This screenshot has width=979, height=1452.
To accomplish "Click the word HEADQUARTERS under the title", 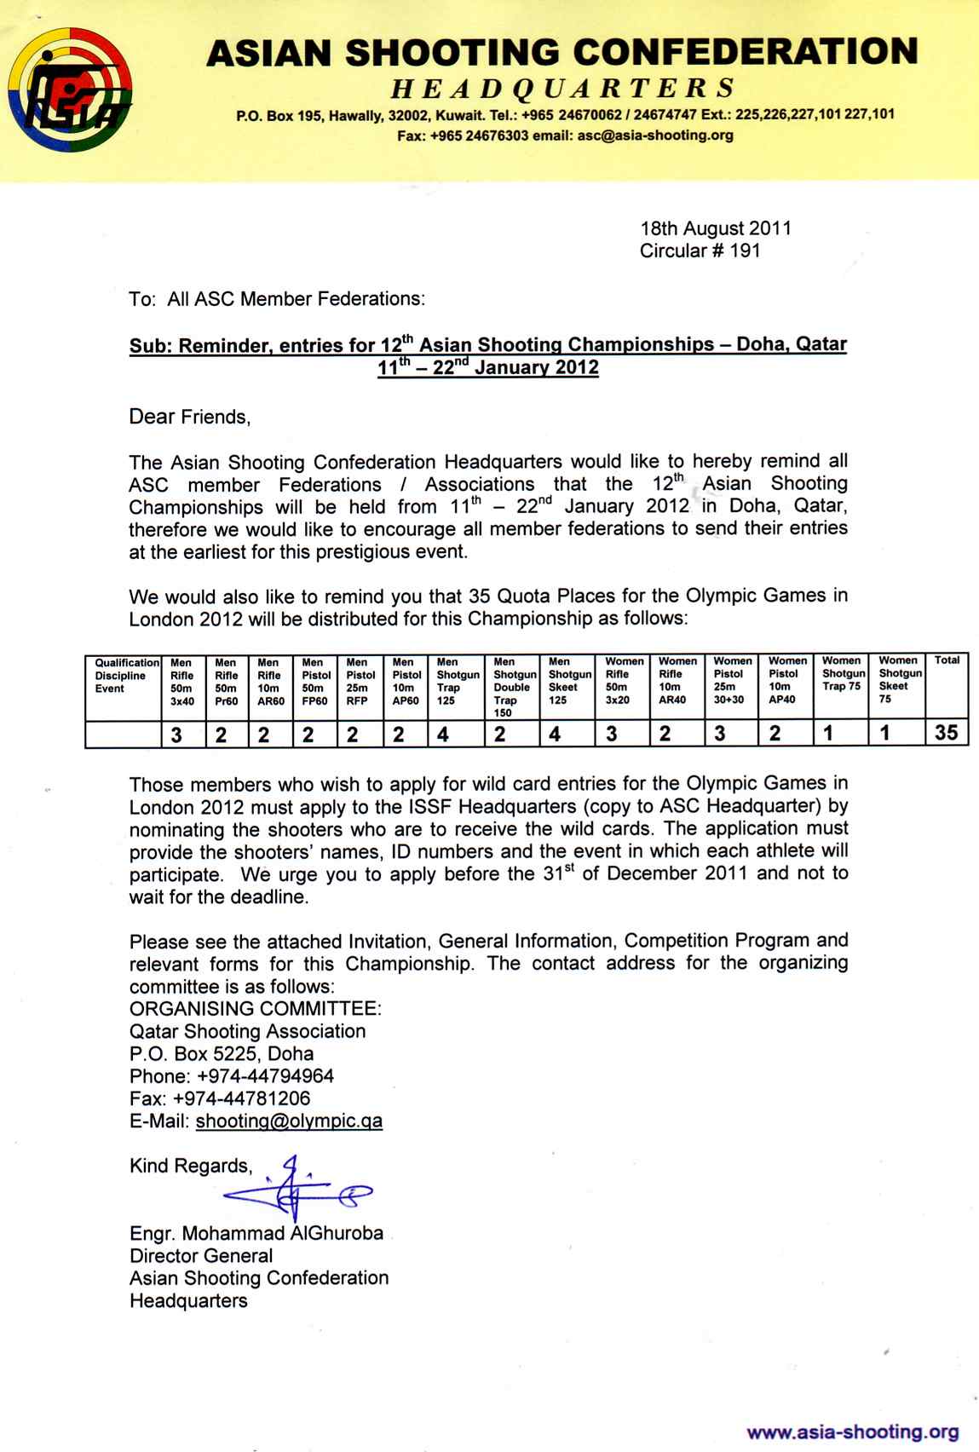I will pos(562,88).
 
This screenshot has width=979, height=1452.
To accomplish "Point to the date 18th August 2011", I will pos(716,228).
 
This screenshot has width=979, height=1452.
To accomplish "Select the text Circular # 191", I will pos(700,251).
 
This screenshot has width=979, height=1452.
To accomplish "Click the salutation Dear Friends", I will pos(190,417).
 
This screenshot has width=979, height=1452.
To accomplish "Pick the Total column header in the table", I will pos(947,661).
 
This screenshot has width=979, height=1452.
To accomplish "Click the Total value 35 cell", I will pos(947,733).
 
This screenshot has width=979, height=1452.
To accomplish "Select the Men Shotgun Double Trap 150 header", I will pos(514,687).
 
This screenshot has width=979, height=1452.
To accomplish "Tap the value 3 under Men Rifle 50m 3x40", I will pos(176,734).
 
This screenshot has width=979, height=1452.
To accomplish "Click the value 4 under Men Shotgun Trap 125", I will pos(443,734).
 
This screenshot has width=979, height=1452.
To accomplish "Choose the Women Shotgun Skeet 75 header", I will pos(900,679).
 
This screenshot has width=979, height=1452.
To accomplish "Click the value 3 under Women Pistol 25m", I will pos(720,734).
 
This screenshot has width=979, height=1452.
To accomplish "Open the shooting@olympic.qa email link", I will pos(289,1121).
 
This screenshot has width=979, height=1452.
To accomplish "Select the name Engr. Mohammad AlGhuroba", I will pos(256,1233).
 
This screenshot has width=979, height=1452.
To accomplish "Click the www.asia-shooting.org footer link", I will pos(852,1432).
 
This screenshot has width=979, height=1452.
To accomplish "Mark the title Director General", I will pos(201,1255).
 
